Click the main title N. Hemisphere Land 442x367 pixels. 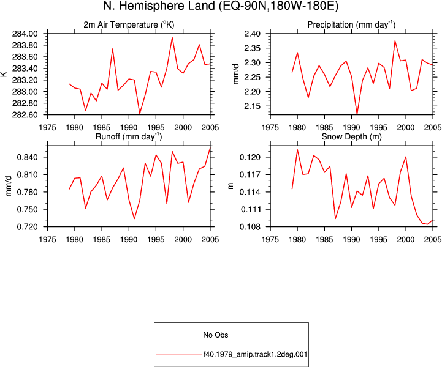click(159, 6)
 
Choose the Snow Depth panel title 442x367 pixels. click(351, 136)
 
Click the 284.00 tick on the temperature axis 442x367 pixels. click(25, 34)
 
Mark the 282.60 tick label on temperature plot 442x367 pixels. click(25, 115)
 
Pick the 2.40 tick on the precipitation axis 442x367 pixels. click(252, 34)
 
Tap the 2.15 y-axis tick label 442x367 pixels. click(252, 106)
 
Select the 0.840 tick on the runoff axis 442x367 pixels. click(27, 157)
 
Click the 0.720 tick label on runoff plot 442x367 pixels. click(27, 227)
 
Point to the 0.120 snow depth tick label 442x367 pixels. click(250, 157)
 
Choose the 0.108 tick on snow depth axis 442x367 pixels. click(250, 227)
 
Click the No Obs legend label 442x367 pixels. click(216, 335)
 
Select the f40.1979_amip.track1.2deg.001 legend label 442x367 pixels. click(255, 354)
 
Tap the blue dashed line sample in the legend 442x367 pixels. click(179, 335)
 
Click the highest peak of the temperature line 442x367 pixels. click(172, 37)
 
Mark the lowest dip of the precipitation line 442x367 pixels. click(357, 114)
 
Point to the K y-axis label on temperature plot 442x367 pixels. click(4, 74)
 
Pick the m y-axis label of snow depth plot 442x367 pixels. click(231, 186)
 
